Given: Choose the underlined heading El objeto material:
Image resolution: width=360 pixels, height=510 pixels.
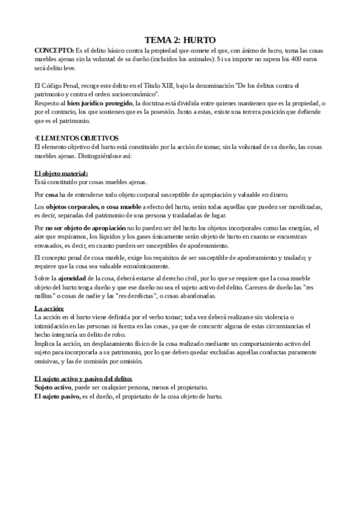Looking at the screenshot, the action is coord(61,173).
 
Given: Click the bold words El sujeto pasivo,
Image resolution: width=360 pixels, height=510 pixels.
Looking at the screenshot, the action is coord(57,397).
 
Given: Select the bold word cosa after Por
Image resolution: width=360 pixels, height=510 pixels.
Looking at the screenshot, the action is coord(52,194).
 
